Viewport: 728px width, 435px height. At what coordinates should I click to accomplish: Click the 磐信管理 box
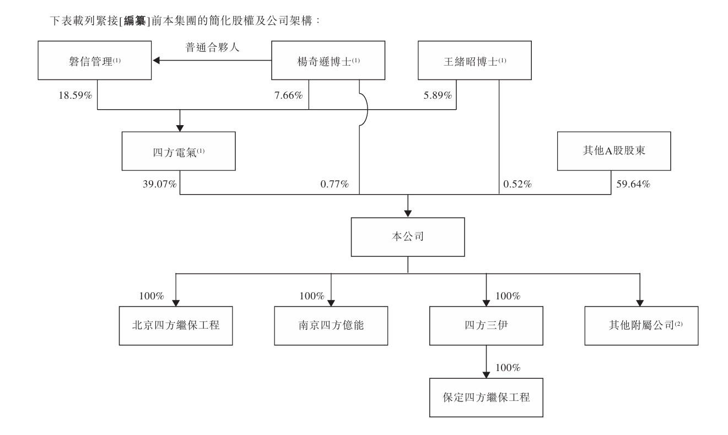[95, 61]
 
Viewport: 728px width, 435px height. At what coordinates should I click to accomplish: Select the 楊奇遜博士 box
[328, 61]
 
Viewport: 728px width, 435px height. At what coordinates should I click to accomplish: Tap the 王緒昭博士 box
[474, 61]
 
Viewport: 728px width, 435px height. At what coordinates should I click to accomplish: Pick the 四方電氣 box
[179, 151]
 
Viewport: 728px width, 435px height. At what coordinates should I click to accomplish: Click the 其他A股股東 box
[614, 151]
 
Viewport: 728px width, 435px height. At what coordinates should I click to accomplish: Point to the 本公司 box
[408, 237]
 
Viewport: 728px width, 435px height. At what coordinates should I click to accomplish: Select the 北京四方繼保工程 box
[176, 326]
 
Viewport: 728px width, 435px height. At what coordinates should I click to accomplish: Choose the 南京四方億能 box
[331, 326]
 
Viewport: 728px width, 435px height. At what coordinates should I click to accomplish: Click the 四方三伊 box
[486, 326]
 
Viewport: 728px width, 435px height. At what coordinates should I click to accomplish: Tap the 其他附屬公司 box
[641, 326]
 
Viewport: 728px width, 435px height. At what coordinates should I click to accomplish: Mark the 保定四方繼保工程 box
[486, 398]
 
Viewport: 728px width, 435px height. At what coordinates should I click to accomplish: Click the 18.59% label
[76, 95]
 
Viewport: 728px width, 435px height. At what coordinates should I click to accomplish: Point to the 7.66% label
[289, 95]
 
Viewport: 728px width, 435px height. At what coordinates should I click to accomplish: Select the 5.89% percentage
[438, 95]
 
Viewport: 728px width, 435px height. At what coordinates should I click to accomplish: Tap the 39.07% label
[160, 184]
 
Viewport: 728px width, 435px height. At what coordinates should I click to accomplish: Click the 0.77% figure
[335, 184]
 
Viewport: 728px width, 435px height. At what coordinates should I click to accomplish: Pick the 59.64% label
[633, 184]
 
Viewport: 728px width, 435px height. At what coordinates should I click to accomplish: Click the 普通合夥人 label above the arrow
[212, 47]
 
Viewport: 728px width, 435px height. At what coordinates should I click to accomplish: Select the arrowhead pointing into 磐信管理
[157, 61]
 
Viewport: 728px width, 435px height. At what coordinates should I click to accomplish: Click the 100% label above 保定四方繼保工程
[508, 368]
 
